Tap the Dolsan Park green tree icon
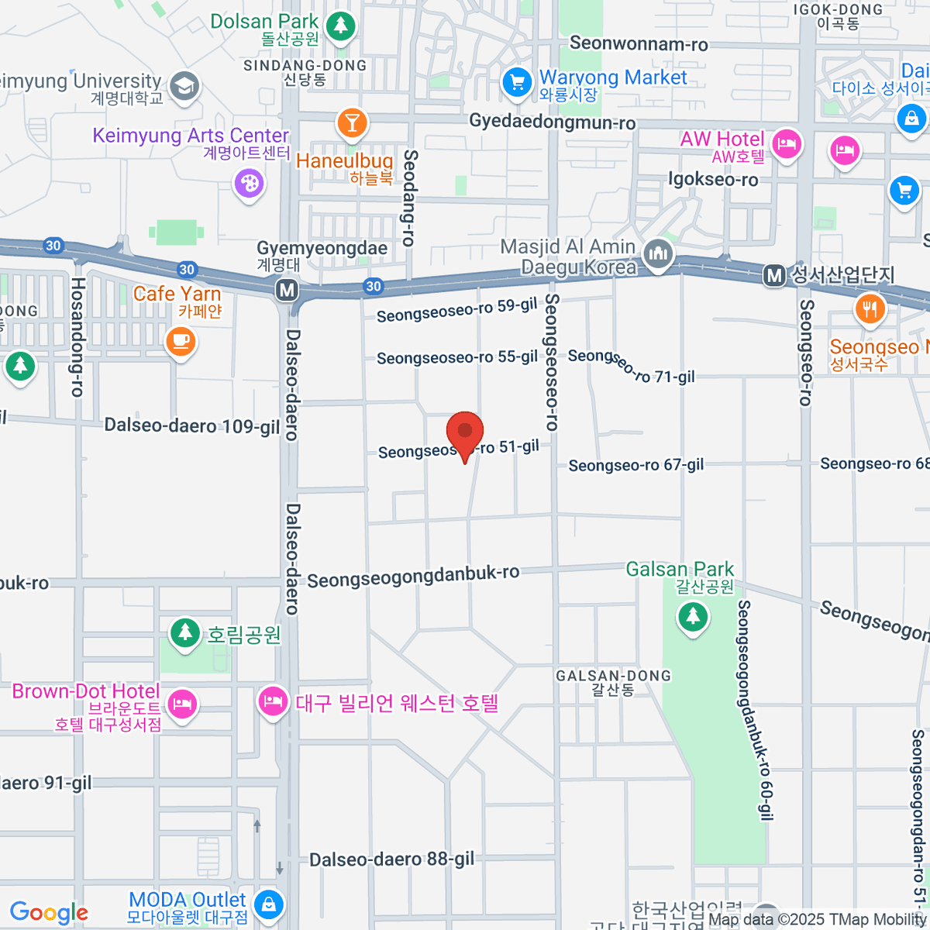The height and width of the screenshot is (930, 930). point(339,26)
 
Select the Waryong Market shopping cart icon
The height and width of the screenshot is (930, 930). point(516,81)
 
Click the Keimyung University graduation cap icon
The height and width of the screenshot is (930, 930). point(184,86)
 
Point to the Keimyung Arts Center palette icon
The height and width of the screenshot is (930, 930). point(249,184)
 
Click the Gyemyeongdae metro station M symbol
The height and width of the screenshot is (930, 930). point(288,290)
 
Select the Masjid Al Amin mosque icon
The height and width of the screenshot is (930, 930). point(658,253)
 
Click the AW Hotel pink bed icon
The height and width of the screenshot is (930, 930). point(787,143)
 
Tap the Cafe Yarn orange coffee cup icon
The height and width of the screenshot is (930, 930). point(180,340)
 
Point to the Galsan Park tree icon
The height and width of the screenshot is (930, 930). point(693,617)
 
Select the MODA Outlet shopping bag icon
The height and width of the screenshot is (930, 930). point(268,904)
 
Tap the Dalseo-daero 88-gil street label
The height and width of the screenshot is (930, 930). point(391,859)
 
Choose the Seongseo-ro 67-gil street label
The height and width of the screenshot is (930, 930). point(635,465)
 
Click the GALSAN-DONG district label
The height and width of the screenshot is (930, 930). point(612,676)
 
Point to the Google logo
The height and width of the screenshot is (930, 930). point(49,912)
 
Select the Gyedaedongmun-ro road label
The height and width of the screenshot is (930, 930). point(552,122)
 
